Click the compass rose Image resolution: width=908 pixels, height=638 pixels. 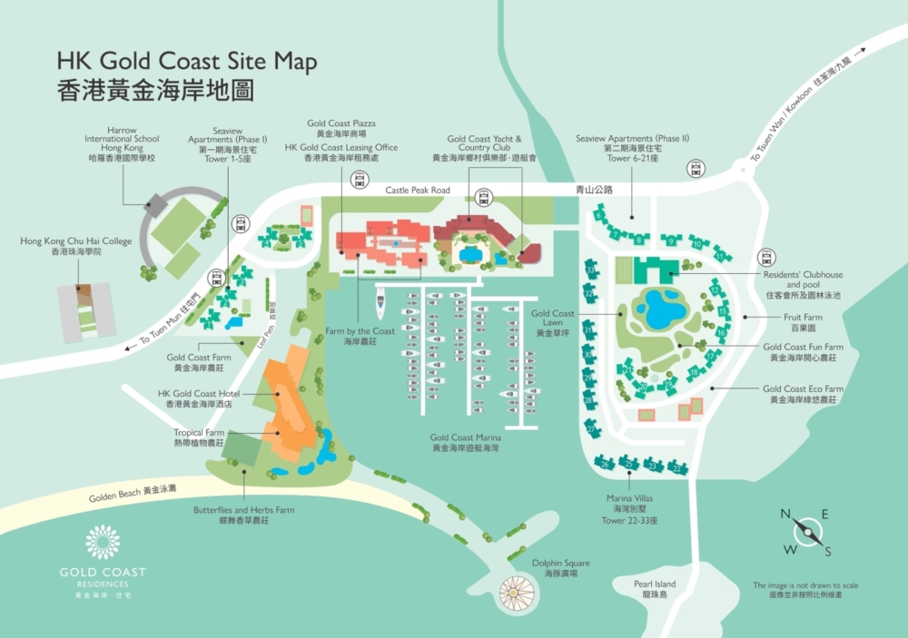(x=805, y=533)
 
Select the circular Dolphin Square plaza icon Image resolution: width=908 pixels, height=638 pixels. (x=517, y=593)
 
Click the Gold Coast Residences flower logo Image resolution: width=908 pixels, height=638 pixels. (x=103, y=542)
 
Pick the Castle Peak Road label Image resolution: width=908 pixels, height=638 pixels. (x=418, y=191)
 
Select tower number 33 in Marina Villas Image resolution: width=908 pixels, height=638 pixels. (x=591, y=270)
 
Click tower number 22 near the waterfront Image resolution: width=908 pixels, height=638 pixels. (x=677, y=468)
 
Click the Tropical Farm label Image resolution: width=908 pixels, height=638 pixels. (x=199, y=437)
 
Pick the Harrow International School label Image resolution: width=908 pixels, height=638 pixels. (x=122, y=143)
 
